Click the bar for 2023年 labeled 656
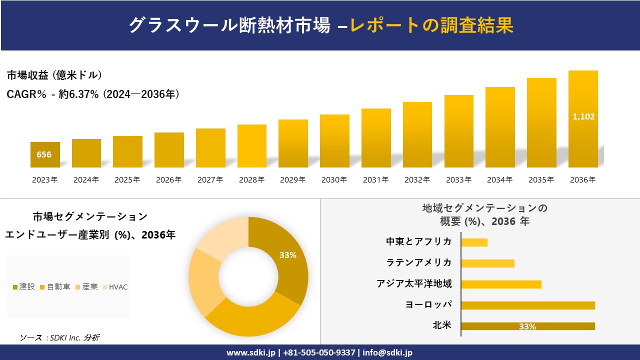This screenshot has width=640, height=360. (x=45, y=154)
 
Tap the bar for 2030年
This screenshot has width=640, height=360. (x=334, y=141)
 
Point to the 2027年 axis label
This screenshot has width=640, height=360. (x=210, y=180)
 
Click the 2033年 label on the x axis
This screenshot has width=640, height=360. (x=458, y=180)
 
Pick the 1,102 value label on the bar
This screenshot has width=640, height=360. (x=583, y=116)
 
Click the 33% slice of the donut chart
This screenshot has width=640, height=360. (x=287, y=255)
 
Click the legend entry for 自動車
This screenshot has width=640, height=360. (x=54, y=287)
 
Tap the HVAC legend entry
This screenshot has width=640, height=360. (x=115, y=287)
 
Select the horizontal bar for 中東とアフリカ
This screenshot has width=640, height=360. (x=474, y=242)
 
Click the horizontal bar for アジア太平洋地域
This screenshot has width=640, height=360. (x=501, y=284)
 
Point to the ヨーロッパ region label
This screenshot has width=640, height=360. (x=428, y=304)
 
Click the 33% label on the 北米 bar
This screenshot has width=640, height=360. (x=527, y=326)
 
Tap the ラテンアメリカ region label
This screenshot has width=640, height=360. (x=418, y=262)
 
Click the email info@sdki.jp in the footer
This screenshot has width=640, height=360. (x=387, y=352)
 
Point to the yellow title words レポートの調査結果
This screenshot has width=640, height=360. (x=431, y=25)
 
